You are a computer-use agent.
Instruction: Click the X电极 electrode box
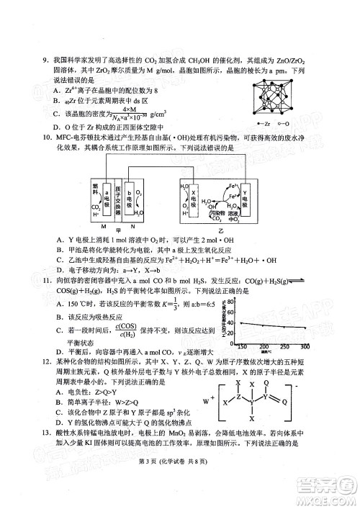coord(192,195)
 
